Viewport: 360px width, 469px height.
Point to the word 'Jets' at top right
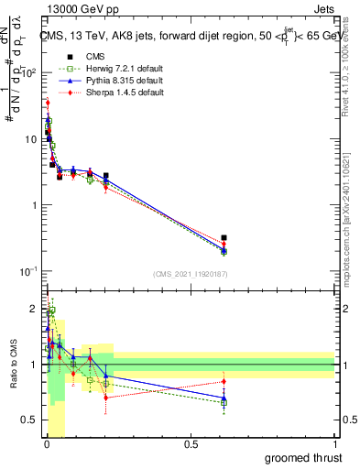pyautogui.click(x=324, y=11)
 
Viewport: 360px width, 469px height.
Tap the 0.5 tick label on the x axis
pyautogui.click(x=191, y=442)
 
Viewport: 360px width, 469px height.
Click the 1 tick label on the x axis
pyautogui.click(x=334, y=442)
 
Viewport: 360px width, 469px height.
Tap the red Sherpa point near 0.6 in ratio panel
pyautogui.click(x=224, y=381)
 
